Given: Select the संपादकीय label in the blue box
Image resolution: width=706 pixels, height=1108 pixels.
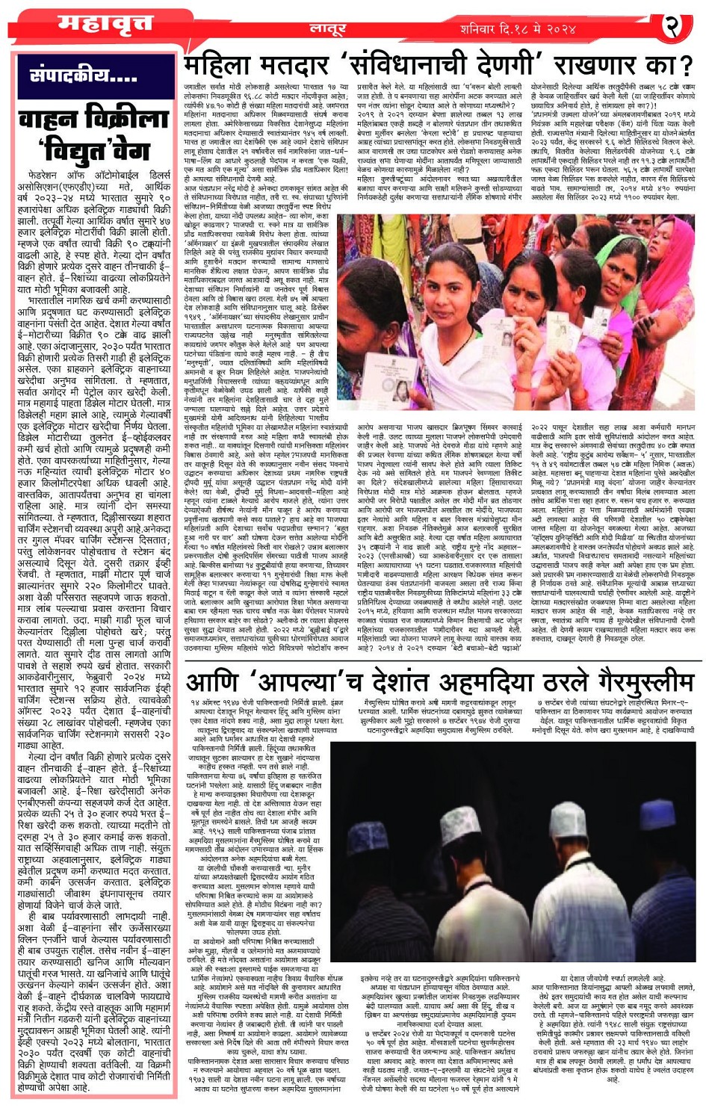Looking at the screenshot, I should click(83, 75).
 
